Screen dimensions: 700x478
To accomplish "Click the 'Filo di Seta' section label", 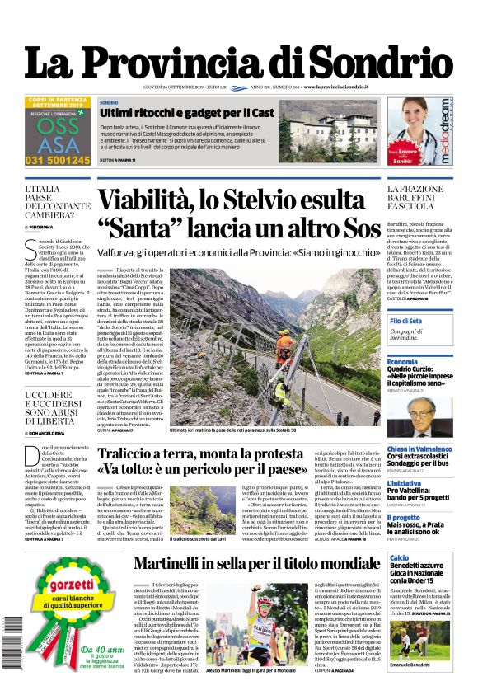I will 405,320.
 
